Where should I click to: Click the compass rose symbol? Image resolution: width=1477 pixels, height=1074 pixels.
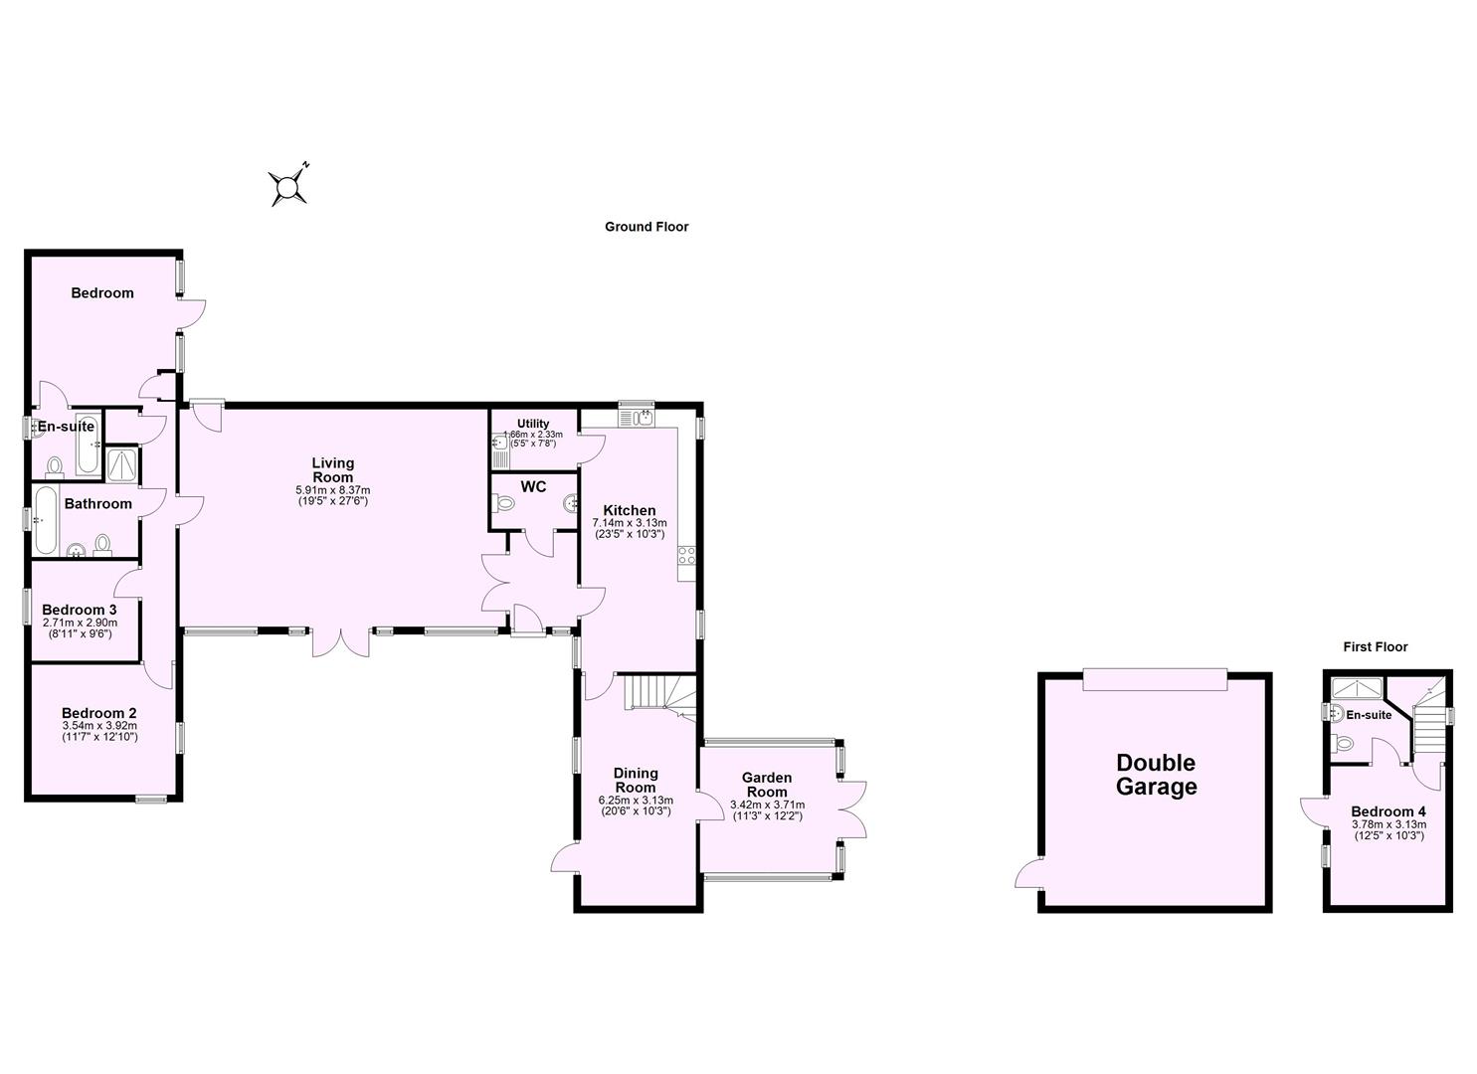click(x=287, y=186)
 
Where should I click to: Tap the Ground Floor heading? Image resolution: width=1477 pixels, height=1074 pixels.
click(x=646, y=227)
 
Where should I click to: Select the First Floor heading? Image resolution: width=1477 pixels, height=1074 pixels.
click(x=1376, y=646)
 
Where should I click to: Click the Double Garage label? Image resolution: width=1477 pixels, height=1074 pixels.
click(x=1156, y=775)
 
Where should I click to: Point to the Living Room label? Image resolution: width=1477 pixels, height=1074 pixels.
click(x=332, y=469)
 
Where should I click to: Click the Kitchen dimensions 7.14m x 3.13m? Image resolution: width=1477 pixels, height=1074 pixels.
click(x=629, y=523)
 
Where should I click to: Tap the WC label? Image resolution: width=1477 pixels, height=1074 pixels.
click(x=533, y=487)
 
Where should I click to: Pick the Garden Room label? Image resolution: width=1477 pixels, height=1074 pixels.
click(x=767, y=785)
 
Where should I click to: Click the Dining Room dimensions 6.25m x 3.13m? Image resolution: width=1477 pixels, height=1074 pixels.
click(x=636, y=801)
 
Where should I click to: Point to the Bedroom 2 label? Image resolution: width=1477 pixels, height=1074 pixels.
click(x=98, y=713)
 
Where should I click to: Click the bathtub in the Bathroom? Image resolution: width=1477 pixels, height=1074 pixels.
click(x=45, y=520)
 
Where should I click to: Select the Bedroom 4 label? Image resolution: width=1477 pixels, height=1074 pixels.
click(x=1388, y=810)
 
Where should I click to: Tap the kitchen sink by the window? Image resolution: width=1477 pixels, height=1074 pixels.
click(x=636, y=418)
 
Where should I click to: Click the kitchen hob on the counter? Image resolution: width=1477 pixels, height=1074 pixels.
click(x=686, y=557)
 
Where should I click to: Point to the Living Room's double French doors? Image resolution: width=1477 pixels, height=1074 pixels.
click(x=341, y=641)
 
